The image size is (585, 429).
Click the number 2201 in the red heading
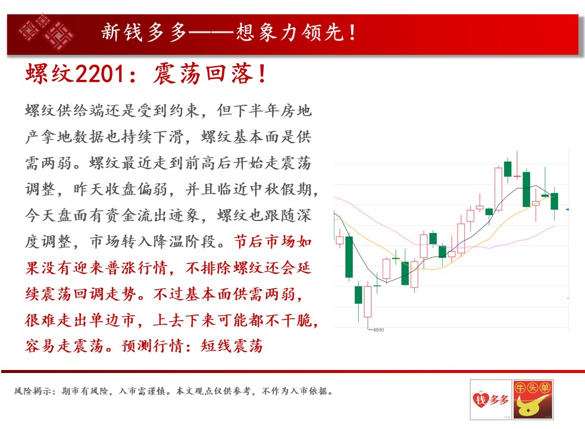(x=100, y=73)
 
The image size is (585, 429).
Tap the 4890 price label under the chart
(x=378, y=329)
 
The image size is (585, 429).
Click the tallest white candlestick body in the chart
(x=498, y=189)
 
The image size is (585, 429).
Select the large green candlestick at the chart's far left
(x=349, y=257)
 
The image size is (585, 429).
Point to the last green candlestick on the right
(x=555, y=201)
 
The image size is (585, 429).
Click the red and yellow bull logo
(x=533, y=399)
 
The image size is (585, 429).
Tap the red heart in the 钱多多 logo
(x=480, y=399)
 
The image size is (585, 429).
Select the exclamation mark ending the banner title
(x=352, y=32)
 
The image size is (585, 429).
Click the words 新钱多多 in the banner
(x=143, y=32)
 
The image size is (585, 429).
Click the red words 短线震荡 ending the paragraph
(x=232, y=346)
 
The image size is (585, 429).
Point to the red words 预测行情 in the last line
(x=153, y=346)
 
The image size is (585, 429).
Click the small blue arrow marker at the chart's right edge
(x=567, y=210)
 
